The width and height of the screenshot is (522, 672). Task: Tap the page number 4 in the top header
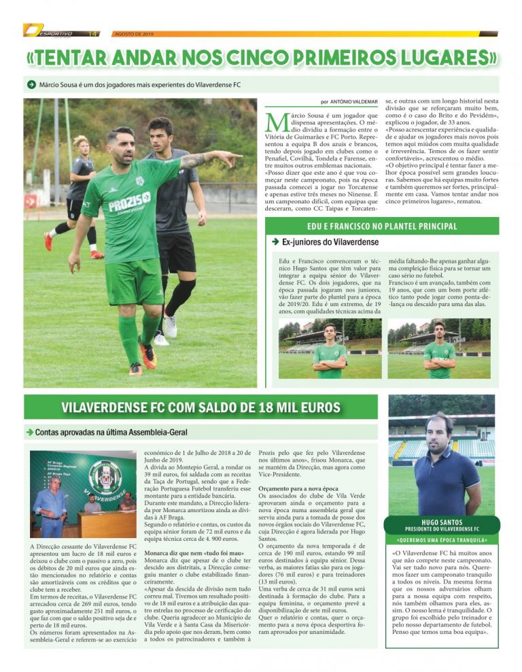click(x=95, y=33)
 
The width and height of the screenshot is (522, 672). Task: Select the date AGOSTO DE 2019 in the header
click(x=135, y=33)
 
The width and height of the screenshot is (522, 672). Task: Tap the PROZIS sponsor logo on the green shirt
click(x=129, y=201)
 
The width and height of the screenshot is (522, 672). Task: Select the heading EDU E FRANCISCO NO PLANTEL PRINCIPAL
click(x=382, y=226)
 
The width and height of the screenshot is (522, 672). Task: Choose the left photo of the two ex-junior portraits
click(x=330, y=349)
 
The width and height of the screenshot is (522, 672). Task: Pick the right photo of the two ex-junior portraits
click(x=438, y=349)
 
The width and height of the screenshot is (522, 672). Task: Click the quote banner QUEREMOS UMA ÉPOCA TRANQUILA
click(x=442, y=540)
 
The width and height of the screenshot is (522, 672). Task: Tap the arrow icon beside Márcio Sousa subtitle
click(x=31, y=84)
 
